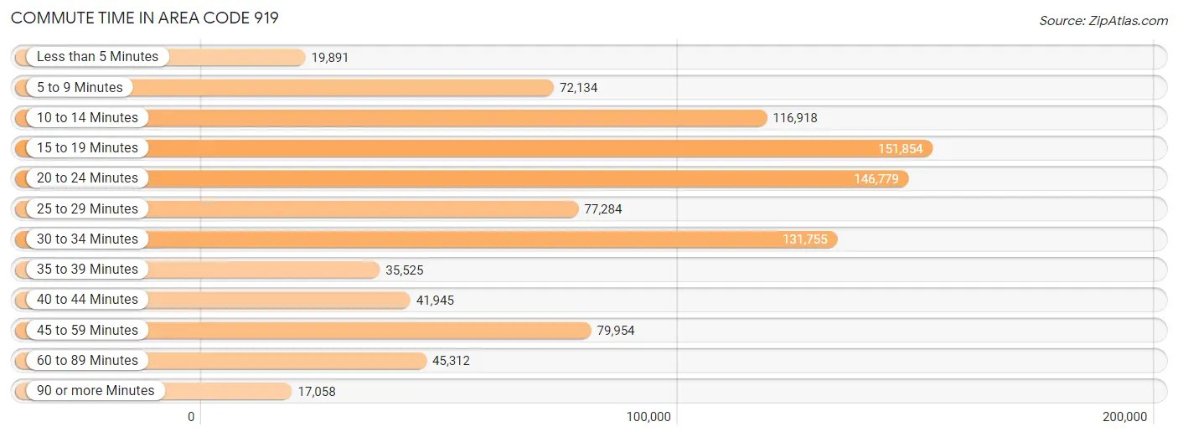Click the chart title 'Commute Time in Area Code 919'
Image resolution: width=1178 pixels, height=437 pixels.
(x=145, y=18)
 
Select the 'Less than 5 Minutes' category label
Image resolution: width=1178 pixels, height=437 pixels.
(x=97, y=57)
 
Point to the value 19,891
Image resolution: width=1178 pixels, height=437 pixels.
(x=329, y=58)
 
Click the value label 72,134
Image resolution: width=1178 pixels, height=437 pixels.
(x=579, y=88)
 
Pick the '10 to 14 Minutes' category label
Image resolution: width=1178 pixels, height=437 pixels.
(x=87, y=118)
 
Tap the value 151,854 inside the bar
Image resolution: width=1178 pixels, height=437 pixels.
(x=900, y=149)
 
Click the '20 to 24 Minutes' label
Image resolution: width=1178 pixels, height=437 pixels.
(x=87, y=178)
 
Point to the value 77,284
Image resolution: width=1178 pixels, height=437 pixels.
(x=603, y=209)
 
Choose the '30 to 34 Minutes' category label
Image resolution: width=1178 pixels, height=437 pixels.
(x=87, y=239)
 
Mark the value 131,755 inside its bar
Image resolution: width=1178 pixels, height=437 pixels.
(x=805, y=239)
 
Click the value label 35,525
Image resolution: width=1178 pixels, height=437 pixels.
(x=405, y=270)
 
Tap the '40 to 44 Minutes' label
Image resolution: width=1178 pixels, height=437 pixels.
(x=87, y=300)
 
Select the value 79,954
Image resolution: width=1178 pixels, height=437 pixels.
(x=616, y=331)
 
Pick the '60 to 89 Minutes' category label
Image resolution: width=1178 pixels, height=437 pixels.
(x=87, y=361)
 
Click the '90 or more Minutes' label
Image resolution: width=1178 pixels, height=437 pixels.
(x=96, y=391)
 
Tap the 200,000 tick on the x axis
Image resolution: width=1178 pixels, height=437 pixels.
(x=1124, y=417)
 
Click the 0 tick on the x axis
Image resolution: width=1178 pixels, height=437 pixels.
(x=191, y=417)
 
